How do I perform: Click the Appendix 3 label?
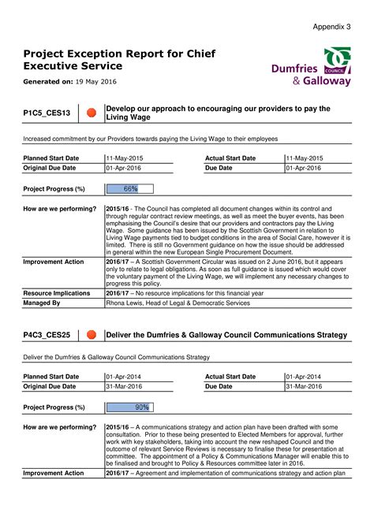pyautogui.click(x=331, y=27)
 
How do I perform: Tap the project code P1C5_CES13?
pyautogui.click(x=47, y=113)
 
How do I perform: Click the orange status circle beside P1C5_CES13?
pyautogui.click(x=91, y=113)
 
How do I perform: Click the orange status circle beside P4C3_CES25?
pyautogui.click(x=91, y=335)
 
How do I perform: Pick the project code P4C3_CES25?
pyautogui.click(x=47, y=335)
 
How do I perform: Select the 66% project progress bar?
pyautogui.click(x=129, y=189)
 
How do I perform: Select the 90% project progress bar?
pyautogui.click(x=129, y=407)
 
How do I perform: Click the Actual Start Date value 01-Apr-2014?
pyautogui.click(x=304, y=377)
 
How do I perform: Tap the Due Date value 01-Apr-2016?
pyautogui.click(x=304, y=168)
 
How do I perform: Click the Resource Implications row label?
pyautogui.click(x=57, y=293)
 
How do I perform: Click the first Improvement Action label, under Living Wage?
pyautogui.click(x=53, y=262)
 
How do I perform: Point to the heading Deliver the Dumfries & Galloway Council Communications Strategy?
pyautogui.click(x=226, y=335)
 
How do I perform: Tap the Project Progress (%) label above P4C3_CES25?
pyautogui.click(x=54, y=407)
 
